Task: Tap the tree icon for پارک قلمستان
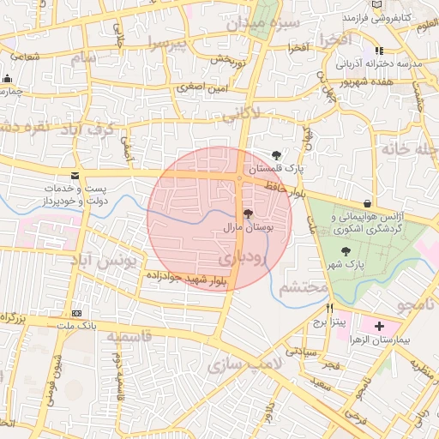275,154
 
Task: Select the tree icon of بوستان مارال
249,213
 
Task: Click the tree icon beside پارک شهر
345,251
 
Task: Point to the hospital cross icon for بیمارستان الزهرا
379,326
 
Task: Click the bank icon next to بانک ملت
77,313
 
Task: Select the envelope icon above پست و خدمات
77,175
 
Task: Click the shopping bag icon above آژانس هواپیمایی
368,203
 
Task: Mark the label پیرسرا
165,43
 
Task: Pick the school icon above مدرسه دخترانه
379,51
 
